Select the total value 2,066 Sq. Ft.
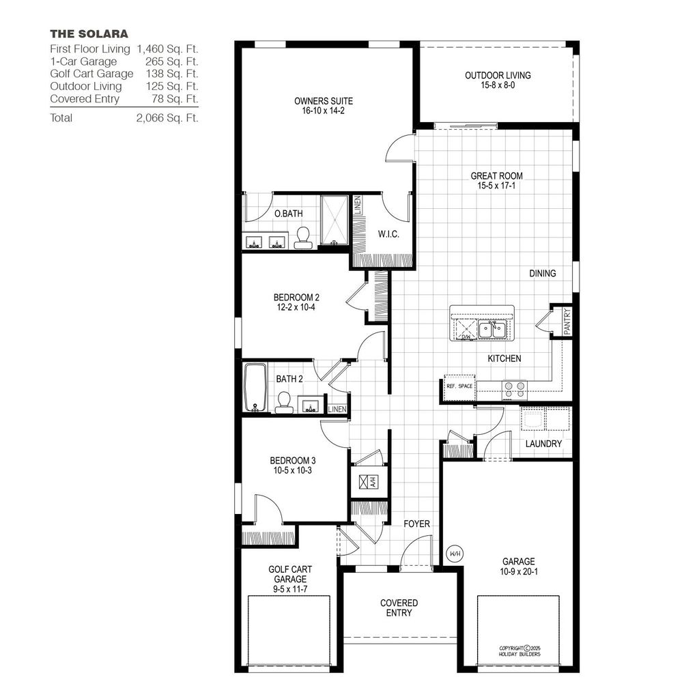[x=167, y=118]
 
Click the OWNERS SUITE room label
[x=314, y=100]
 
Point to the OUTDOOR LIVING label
[x=498, y=76]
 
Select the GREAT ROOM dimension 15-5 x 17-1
[x=496, y=186]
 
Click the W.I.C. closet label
[x=388, y=234]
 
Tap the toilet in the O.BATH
[x=302, y=236]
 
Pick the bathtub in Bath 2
[x=255, y=387]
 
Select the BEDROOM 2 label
[x=296, y=298]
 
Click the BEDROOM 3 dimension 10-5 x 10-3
[x=291, y=470]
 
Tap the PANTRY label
[x=567, y=321]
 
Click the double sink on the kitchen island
[x=490, y=330]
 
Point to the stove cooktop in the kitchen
[x=515, y=389]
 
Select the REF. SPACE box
[x=459, y=386]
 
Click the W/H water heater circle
[x=455, y=554]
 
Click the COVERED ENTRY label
[x=399, y=608]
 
